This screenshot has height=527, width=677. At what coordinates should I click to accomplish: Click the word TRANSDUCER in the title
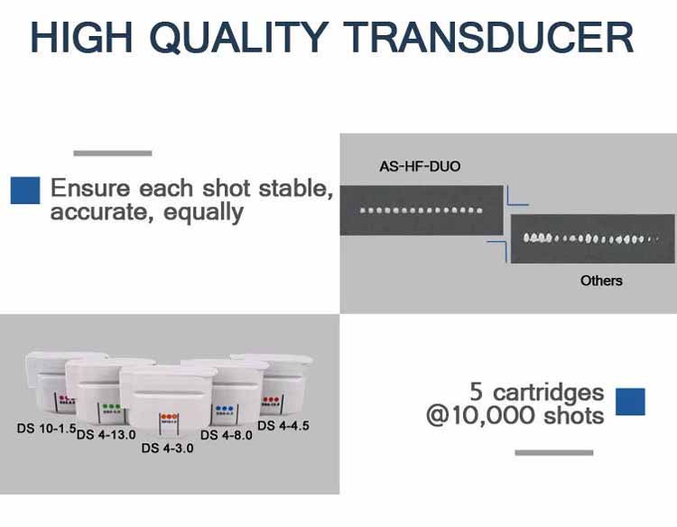tap(488, 37)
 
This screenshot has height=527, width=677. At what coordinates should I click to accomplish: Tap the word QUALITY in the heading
tap(239, 38)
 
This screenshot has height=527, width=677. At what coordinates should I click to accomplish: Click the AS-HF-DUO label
tap(420, 166)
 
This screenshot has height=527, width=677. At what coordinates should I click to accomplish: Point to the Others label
tap(601, 281)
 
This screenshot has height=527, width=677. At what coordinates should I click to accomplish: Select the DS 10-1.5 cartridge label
tap(46, 428)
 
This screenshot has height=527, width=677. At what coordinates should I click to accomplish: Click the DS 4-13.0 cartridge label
tap(106, 435)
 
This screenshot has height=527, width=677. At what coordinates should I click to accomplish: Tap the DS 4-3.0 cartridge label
tap(167, 448)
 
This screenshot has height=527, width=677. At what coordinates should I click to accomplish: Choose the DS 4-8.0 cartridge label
tap(227, 435)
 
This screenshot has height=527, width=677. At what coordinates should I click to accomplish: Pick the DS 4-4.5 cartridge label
tap(283, 426)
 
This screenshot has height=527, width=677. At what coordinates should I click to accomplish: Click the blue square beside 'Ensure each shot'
tap(25, 190)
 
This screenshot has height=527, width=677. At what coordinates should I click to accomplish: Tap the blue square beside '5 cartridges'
tap(630, 402)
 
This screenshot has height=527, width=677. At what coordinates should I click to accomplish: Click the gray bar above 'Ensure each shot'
tap(113, 153)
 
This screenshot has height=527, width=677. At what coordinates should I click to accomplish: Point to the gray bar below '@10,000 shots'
tap(554, 453)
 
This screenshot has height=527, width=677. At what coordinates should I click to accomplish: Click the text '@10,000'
tap(481, 416)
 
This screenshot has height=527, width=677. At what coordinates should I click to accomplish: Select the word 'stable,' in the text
tap(296, 189)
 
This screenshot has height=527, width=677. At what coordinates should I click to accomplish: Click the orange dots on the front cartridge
tap(169, 417)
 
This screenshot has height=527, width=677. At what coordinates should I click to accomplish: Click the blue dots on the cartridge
tap(224, 408)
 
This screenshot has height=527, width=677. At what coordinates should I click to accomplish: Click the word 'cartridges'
tap(548, 393)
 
